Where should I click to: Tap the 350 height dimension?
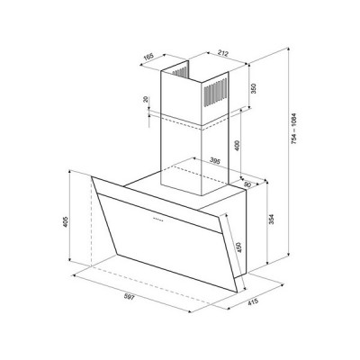[x=255, y=91]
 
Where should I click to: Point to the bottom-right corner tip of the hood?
[x=236, y=292]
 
